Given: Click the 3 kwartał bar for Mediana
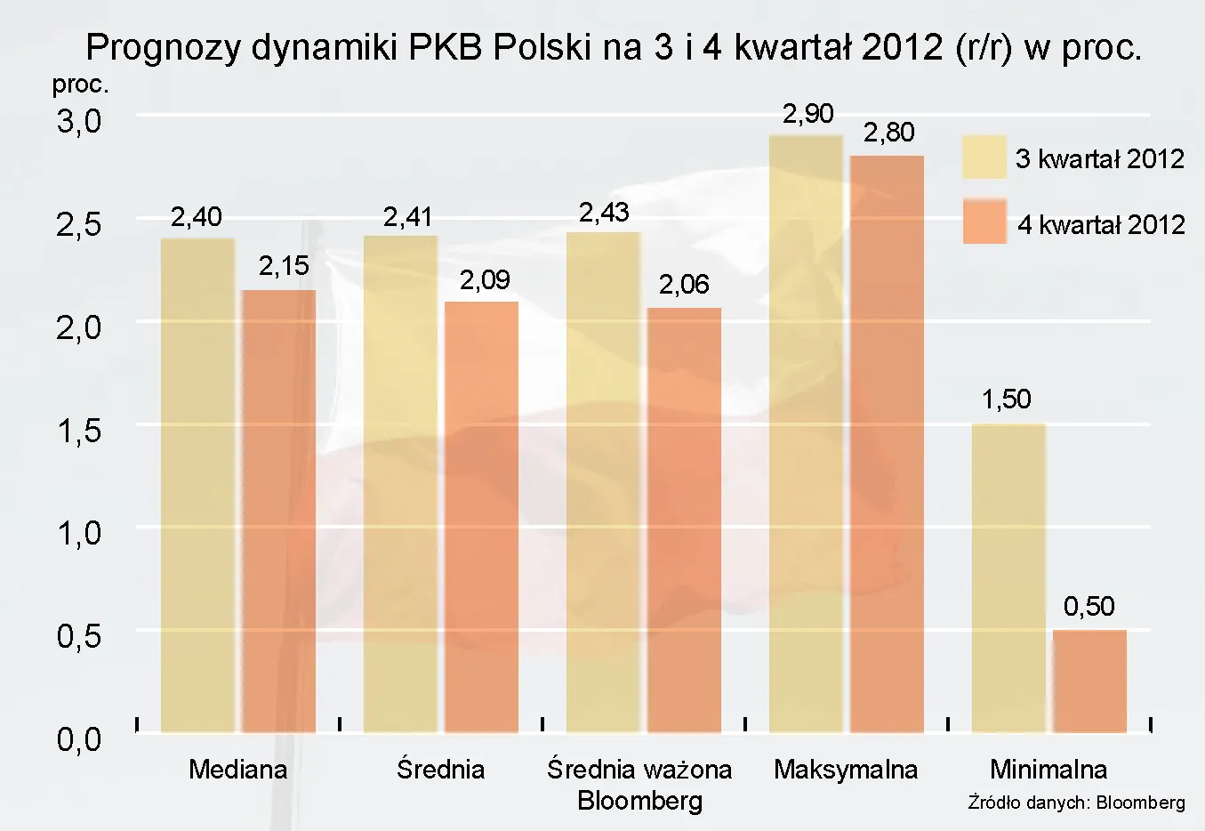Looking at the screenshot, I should click(x=197, y=485).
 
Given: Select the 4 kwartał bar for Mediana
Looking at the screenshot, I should click(x=278, y=511).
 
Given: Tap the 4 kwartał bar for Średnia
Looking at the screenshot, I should click(x=481, y=517).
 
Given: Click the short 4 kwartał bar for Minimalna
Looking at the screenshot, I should click(x=1089, y=681).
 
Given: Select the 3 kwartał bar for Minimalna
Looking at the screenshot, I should click(x=1008, y=577).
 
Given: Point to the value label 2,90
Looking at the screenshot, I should click(x=807, y=114).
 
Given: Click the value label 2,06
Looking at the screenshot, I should click(x=684, y=285).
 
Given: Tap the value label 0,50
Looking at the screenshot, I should click(x=1089, y=607).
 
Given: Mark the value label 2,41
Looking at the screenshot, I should click(x=407, y=217).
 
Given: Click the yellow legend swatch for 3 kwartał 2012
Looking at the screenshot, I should click(x=984, y=157).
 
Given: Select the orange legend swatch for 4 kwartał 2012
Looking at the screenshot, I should click(x=984, y=222).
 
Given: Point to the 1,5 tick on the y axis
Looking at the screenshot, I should click(x=79, y=431).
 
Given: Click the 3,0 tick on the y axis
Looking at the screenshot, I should click(x=79, y=121).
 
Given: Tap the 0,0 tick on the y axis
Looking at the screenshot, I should click(x=79, y=738).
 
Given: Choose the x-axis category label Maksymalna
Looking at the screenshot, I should click(x=845, y=770).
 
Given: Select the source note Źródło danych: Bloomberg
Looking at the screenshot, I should click(x=1076, y=803).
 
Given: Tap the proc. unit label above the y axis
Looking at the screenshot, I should click(x=80, y=85).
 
